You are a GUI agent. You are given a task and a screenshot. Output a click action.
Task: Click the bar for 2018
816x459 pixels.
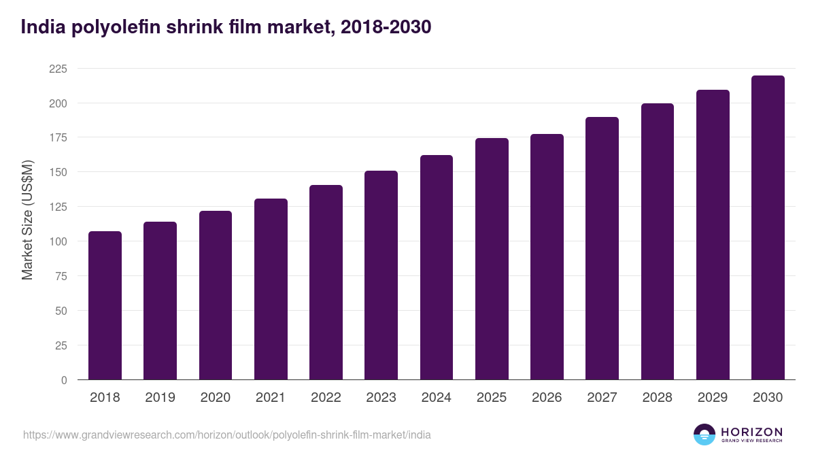[105, 305]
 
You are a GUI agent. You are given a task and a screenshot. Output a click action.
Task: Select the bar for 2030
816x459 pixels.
[768, 228]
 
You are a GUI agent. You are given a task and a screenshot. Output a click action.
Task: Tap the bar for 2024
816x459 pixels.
[436, 267]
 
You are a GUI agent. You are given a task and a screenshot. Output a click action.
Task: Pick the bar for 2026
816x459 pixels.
[547, 257]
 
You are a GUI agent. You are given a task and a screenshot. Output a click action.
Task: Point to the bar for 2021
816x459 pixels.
[271, 289]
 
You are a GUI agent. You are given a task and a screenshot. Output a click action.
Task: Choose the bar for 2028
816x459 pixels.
[657, 241]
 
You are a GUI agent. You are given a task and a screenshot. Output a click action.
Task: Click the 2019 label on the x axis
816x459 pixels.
[160, 398]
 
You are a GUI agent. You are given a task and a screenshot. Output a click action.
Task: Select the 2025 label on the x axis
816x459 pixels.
[492, 398]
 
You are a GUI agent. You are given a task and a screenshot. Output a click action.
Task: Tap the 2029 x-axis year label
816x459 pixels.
[713, 398]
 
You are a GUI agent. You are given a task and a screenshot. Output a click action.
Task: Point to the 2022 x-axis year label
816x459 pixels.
[326, 398]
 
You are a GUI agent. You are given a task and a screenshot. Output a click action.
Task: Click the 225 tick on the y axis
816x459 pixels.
[58, 69]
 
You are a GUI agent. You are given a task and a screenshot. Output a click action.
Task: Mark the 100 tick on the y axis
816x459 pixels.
[58, 241]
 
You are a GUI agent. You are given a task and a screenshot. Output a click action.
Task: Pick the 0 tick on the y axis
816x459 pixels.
[64, 380]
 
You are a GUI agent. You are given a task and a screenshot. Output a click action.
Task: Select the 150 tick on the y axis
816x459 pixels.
[58, 172]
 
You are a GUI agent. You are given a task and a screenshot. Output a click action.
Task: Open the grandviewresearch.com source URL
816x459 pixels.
[226, 435]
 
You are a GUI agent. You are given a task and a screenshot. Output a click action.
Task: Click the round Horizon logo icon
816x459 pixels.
[704, 435]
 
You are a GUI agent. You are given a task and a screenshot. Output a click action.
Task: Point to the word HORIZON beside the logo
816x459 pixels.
[751, 431]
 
